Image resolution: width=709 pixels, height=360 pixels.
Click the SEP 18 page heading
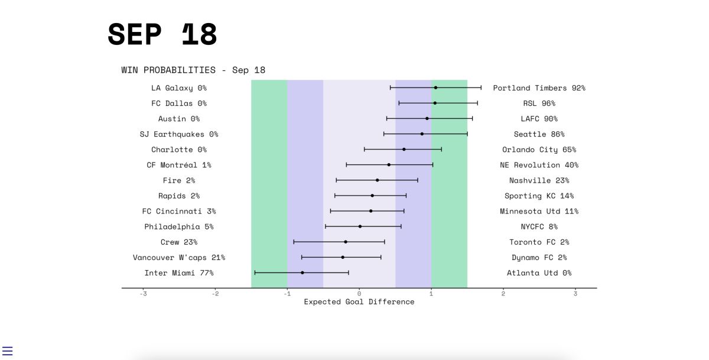(x=162, y=34)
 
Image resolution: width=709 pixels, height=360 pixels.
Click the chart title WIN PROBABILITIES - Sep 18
(x=193, y=70)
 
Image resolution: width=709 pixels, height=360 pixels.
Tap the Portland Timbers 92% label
(x=539, y=88)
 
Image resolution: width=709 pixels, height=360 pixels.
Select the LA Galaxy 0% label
(x=178, y=88)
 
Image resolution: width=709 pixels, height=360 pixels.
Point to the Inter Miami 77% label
(x=178, y=273)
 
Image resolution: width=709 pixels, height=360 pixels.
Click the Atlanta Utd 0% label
(x=539, y=273)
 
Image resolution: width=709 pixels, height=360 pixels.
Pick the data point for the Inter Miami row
(x=303, y=273)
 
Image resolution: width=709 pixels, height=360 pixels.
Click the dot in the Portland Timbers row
(x=435, y=87)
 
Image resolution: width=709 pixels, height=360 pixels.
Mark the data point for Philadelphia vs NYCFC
(x=360, y=226)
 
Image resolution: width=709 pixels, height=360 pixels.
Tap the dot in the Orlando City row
(x=404, y=149)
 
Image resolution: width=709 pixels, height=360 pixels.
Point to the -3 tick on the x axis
(x=143, y=293)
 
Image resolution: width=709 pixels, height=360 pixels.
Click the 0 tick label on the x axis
(x=359, y=293)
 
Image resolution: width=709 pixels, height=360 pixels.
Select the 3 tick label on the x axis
(x=575, y=293)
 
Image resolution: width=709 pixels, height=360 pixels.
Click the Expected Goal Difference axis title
(x=359, y=302)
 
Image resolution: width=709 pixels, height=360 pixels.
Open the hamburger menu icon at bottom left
(x=8, y=351)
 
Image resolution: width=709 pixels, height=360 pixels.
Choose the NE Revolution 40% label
(x=539, y=165)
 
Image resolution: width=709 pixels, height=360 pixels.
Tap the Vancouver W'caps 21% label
(x=178, y=258)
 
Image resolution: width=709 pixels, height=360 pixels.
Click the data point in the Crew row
(x=346, y=242)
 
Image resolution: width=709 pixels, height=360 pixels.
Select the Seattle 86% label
(x=539, y=134)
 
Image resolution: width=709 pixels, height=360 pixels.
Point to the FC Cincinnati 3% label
(x=178, y=211)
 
